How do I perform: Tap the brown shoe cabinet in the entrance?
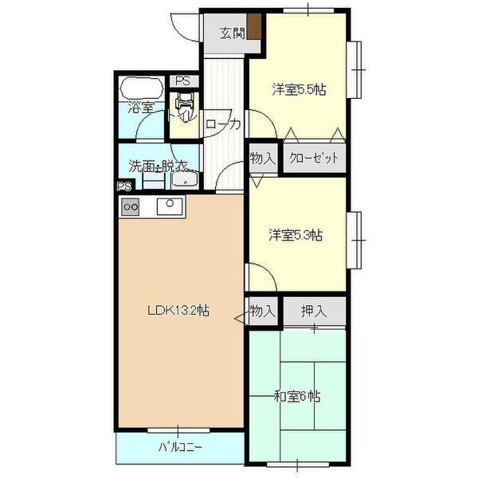[x=253, y=26]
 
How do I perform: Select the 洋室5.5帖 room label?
[x=298, y=91]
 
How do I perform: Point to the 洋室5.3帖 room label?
[x=296, y=235]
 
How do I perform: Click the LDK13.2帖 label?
[x=178, y=311]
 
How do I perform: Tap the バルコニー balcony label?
[x=179, y=448]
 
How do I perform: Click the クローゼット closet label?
[x=314, y=158]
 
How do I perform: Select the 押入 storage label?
[x=313, y=310]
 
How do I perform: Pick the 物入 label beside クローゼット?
[x=262, y=158]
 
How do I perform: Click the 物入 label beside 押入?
[x=262, y=310]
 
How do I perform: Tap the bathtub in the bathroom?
[x=141, y=88]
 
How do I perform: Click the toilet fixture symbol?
[x=185, y=102]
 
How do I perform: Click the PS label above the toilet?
[x=183, y=80]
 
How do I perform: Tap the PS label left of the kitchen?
[x=123, y=188]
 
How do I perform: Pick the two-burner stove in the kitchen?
[x=130, y=206]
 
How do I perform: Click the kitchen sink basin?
[x=170, y=206]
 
